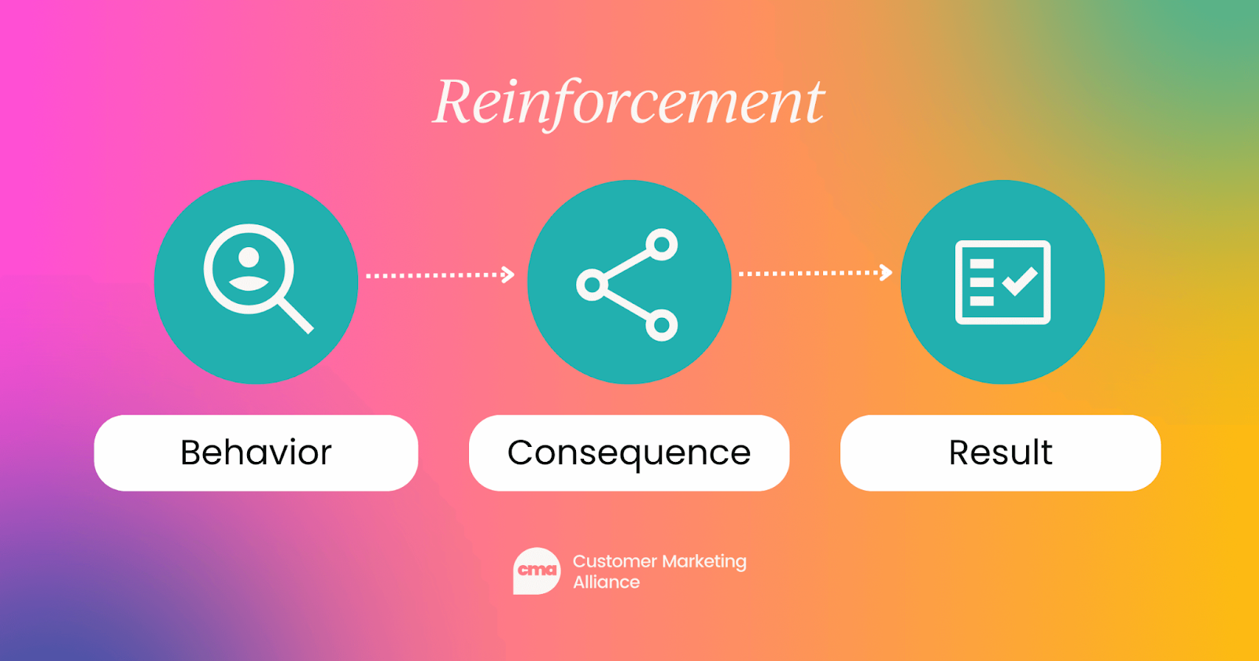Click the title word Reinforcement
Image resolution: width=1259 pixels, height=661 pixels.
tap(629, 102)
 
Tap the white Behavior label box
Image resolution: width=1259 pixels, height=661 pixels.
tap(256, 453)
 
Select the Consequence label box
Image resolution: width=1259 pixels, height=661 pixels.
tap(629, 453)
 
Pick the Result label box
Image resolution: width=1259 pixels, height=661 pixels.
tap(1000, 453)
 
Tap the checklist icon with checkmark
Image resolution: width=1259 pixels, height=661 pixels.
tap(1002, 282)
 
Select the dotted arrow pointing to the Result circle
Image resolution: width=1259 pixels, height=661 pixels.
tap(814, 273)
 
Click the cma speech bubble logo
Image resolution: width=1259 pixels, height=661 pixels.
tap(537, 571)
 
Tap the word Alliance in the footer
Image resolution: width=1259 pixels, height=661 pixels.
tap(606, 582)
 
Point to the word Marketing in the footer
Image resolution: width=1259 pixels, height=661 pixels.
tap(703, 562)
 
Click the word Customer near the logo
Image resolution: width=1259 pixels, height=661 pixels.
tap(615, 561)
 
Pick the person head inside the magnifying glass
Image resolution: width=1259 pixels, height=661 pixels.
tap(249, 257)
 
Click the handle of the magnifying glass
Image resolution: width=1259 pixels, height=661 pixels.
tap(296, 315)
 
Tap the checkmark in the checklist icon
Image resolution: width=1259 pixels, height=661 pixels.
tap(1020, 281)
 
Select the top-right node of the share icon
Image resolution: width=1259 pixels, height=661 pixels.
tap(662, 244)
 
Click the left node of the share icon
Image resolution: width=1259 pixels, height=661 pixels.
tap(592, 284)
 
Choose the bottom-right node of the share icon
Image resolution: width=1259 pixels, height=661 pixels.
tap(662, 324)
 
